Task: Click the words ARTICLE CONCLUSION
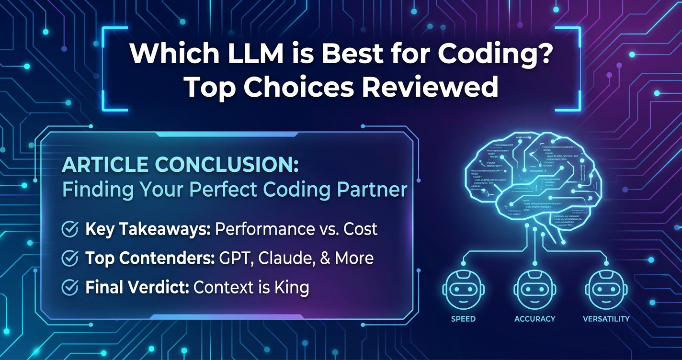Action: tap(180, 165)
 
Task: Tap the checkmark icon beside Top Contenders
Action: tap(70, 259)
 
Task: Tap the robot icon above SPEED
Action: tap(463, 289)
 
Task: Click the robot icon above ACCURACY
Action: tap(534, 289)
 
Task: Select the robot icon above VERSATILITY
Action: tap(606, 289)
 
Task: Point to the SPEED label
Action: tap(463, 319)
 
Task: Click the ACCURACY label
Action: tap(534, 319)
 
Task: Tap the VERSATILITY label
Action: tap(606, 319)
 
